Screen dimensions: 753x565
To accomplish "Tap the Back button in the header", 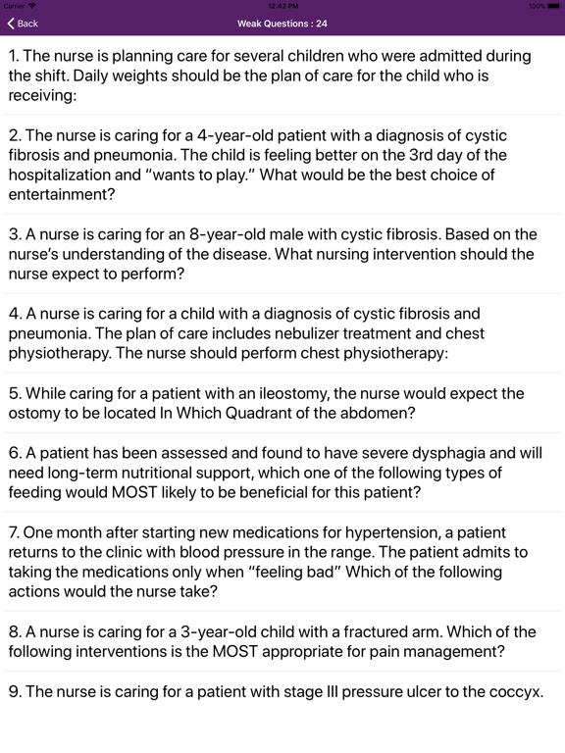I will click(x=23, y=24).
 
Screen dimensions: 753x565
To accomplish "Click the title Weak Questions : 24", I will click(x=282, y=24).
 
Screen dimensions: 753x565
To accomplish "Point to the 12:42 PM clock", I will click(x=282, y=6).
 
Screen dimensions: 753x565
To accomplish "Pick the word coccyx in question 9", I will click(x=511, y=691).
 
